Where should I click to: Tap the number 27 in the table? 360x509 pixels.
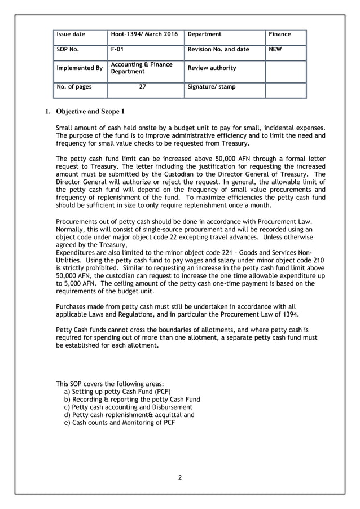click(143, 87)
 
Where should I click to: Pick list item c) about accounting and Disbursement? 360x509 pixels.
click(129, 407)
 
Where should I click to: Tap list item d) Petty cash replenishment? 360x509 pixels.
click(130, 415)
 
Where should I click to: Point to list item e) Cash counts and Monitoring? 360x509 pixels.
click(120, 423)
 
